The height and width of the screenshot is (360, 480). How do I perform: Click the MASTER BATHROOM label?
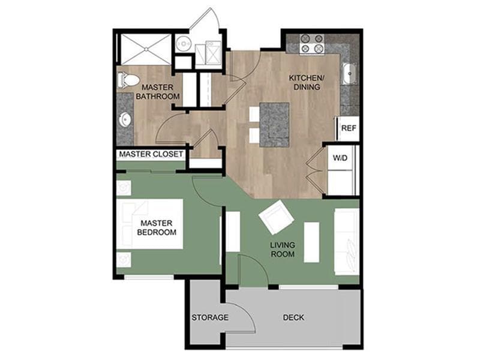pos(157,91)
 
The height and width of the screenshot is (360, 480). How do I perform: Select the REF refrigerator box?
pos(349,128)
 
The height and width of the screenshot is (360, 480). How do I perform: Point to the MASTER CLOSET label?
pos(151,154)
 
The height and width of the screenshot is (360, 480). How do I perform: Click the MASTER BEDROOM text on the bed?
pos(157,227)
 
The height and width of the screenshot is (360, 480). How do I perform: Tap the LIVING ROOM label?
pos(281,249)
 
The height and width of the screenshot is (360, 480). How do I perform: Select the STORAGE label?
pos(209,317)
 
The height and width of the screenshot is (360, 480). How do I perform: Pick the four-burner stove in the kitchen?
pos(311,44)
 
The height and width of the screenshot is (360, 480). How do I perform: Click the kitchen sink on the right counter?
pos(349,74)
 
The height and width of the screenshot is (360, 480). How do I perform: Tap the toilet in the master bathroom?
pos(128,79)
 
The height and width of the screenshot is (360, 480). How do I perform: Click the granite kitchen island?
pos(274,124)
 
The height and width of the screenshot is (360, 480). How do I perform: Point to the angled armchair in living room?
pos(276,217)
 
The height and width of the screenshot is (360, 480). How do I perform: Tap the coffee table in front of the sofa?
pos(311,242)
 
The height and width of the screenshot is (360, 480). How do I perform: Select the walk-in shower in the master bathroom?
pos(146,48)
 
